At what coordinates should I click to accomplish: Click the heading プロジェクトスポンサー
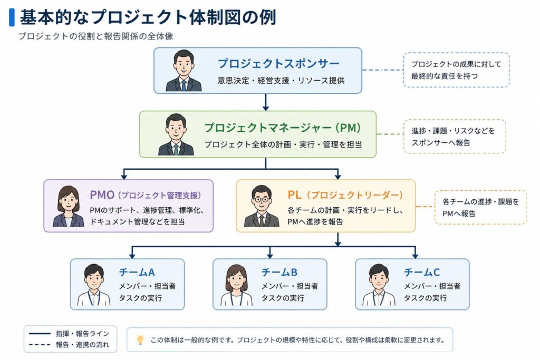(278, 64)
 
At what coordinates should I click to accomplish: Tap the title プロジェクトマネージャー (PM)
(283, 128)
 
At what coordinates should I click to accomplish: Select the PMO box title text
(146, 195)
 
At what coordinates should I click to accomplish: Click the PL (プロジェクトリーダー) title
(345, 195)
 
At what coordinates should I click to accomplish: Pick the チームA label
(137, 272)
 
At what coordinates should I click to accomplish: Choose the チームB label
(279, 272)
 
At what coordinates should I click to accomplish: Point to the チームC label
(422, 272)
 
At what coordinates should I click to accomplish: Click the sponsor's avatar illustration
(184, 71)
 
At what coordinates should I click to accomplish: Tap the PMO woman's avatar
(69, 207)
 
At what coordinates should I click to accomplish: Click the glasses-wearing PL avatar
(262, 206)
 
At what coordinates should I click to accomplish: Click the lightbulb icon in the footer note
(140, 339)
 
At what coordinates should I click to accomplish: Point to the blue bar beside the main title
(12, 17)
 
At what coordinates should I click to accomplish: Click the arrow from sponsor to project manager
(266, 102)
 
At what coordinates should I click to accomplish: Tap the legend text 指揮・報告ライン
(83, 334)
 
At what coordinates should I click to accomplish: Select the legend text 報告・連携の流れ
(83, 345)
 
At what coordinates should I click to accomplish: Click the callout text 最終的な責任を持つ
(445, 76)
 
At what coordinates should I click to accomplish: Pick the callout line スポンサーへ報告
(441, 143)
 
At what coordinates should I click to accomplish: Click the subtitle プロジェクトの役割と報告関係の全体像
(96, 36)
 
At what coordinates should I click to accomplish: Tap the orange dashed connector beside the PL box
(426, 207)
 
